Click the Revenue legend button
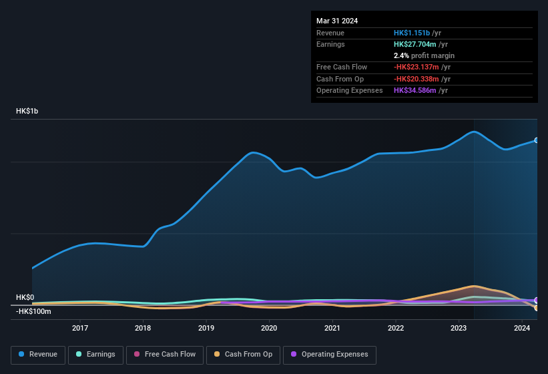[39, 355]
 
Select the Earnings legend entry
[96, 355]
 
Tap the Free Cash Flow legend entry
[165, 355]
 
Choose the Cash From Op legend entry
[242, 355]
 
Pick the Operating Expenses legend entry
[330, 355]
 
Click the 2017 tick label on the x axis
[80, 328]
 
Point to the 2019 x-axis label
[206, 328]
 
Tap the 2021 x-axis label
[332, 328]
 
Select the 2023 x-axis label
[459, 328]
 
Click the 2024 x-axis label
[522, 328]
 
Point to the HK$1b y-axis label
[27, 111]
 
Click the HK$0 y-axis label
[25, 298]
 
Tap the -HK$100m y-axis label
[33, 311]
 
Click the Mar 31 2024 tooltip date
[337, 21]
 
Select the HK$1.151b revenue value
[412, 33]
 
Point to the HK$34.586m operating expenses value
[416, 90]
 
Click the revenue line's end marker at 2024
[536, 140]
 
